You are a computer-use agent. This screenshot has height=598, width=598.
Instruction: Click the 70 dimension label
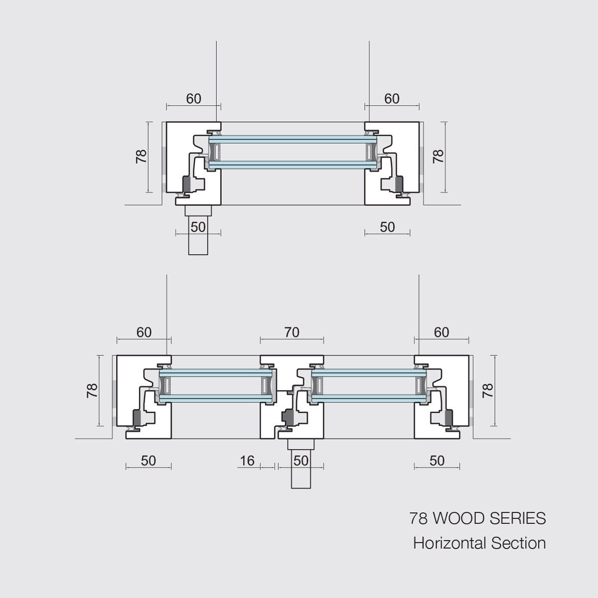292,332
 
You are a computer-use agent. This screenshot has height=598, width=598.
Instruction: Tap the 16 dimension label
247,461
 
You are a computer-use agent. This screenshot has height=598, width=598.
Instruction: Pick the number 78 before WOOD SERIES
418,519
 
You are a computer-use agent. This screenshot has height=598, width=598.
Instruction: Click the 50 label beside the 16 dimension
300,461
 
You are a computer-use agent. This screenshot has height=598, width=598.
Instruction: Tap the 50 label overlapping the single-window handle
198,227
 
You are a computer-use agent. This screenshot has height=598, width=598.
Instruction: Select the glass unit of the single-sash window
293,152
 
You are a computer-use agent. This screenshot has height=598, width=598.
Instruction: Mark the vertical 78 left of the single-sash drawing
142,156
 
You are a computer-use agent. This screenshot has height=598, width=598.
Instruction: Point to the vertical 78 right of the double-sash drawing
488,390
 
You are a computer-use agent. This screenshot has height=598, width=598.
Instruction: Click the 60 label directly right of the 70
442,332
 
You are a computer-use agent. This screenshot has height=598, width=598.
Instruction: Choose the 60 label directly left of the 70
144,332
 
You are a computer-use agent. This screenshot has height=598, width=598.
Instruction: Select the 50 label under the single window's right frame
387,227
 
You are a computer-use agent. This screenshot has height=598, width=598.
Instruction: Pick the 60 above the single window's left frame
193,99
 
